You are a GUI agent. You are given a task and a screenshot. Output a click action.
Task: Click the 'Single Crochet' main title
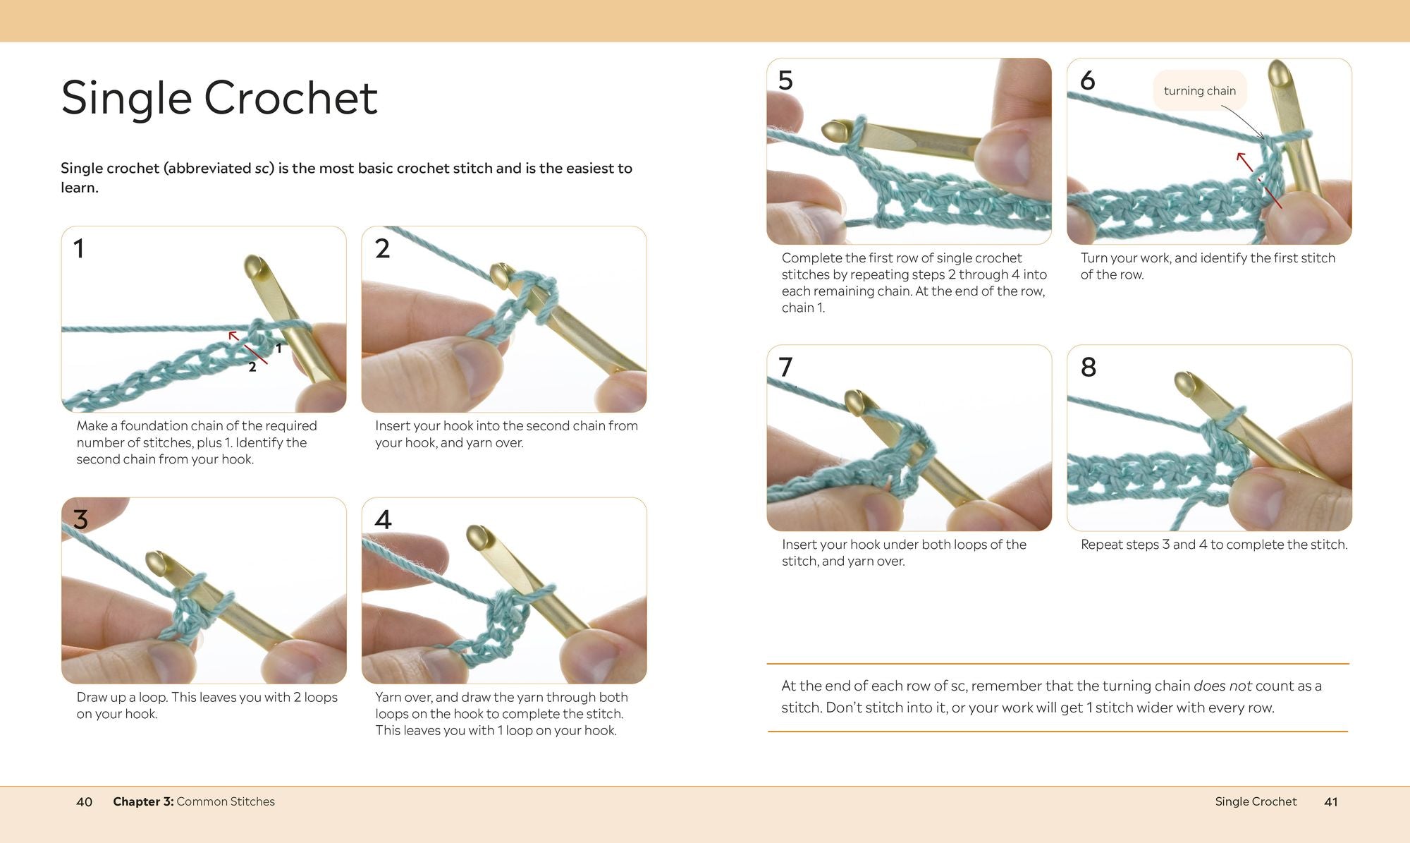[219, 97]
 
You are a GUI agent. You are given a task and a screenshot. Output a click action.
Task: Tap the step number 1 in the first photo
[79, 248]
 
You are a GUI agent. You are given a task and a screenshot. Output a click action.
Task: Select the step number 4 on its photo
[383, 519]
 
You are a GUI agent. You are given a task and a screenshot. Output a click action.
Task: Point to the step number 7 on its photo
[785, 367]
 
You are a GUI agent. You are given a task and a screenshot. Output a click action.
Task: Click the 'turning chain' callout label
[1199, 90]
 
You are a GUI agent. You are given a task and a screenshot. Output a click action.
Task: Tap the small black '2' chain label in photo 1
[252, 367]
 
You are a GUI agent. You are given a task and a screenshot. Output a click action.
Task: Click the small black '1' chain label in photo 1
[278, 348]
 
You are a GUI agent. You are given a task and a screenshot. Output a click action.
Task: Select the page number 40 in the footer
[84, 801]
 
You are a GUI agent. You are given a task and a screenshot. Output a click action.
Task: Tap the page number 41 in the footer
[1331, 801]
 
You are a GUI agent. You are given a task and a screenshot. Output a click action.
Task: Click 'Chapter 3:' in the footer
[143, 801]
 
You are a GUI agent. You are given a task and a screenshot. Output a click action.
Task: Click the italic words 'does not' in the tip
[1222, 686]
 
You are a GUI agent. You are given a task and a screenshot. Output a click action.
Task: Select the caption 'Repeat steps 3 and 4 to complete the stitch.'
[1214, 545]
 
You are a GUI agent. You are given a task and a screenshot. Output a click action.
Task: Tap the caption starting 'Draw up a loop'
[207, 705]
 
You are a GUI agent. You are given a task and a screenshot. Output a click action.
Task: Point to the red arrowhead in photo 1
[234, 336]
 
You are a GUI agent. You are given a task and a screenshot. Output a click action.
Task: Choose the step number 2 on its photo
[382, 248]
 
